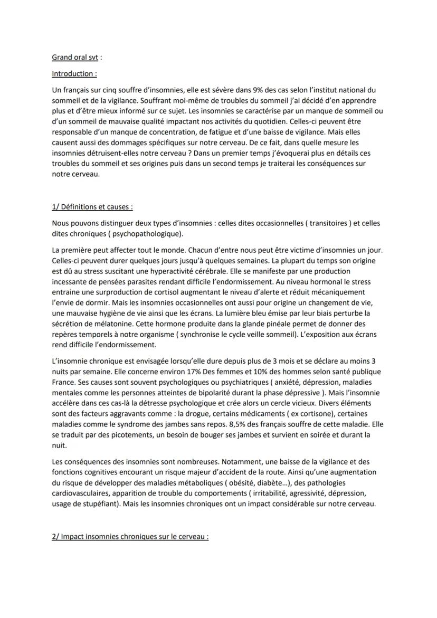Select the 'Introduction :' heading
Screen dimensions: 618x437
74,74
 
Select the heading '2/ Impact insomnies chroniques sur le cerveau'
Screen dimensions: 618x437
130,537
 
